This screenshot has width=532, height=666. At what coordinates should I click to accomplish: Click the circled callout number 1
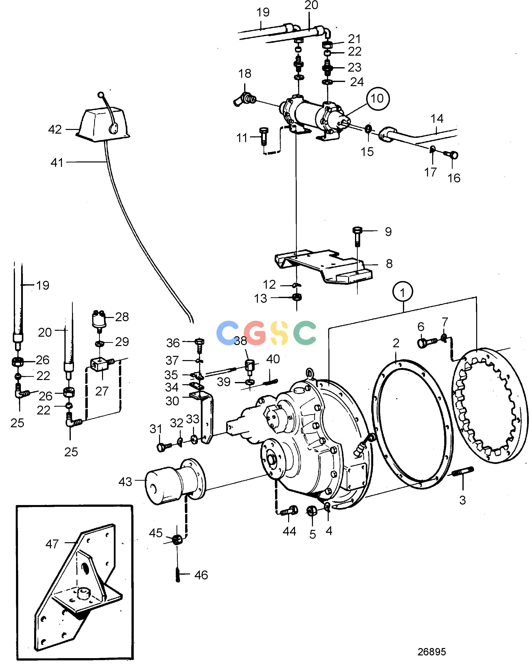click(403, 292)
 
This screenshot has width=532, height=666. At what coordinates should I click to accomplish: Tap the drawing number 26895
click(431, 652)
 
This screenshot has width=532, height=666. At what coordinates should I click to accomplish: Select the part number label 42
click(55, 129)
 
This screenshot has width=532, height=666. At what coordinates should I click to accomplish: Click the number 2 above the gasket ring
click(396, 343)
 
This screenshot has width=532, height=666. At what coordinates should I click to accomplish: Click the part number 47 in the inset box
click(52, 544)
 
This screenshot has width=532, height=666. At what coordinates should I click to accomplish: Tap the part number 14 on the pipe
click(437, 119)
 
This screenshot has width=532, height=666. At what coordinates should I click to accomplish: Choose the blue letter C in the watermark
click(227, 333)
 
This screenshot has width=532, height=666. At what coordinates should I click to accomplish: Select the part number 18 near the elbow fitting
click(245, 74)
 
